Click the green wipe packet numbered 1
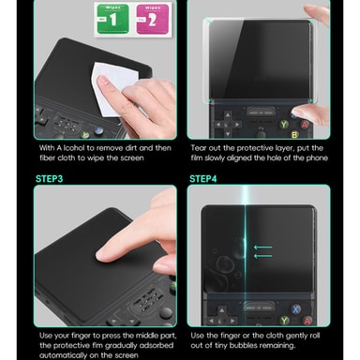pos(112,19)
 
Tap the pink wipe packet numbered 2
pos(153,19)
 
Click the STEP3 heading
pos(49,179)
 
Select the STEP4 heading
pos(202,179)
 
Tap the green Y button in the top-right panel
pos(284,125)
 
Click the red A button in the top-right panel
pos(305,125)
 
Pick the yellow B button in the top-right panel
pos(294,135)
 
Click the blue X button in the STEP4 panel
pos(295,309)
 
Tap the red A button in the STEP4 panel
pos(307,321)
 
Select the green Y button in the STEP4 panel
pos(284,321)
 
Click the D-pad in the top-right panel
pos(228,125)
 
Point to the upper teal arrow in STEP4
pos(262,247)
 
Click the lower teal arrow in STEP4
pos(262,256)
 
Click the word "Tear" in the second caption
pos(199,147)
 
